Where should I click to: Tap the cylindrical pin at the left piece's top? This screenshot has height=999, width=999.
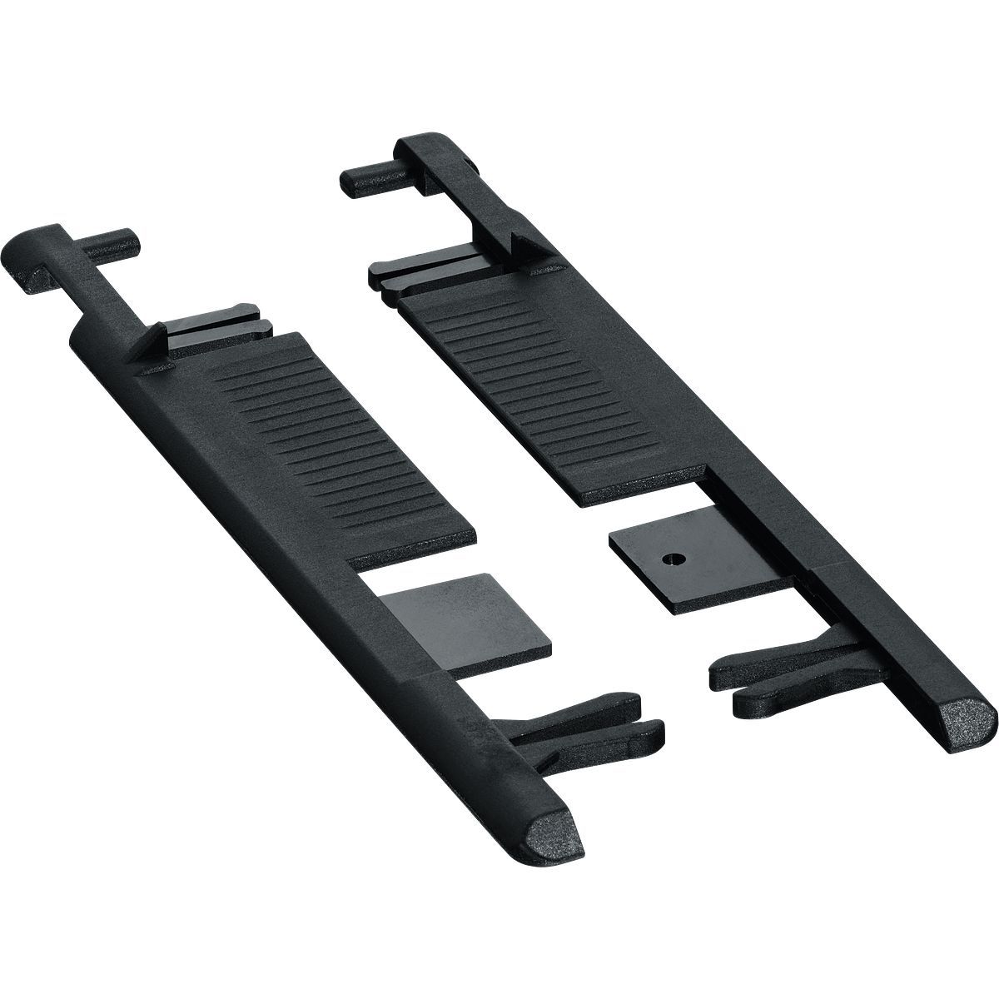(x=112, y=241)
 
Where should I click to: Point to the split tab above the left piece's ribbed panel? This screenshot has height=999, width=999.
(x=216, y=321)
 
